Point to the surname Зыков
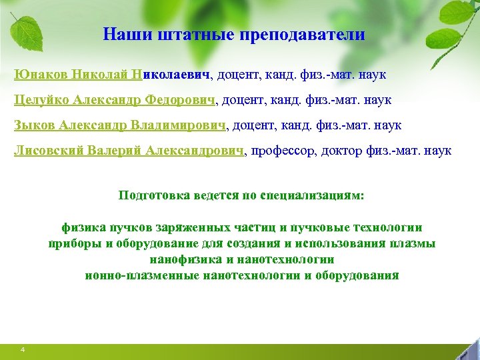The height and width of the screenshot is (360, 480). click(35, 125)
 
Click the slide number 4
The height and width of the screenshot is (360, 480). click(23, 350)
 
